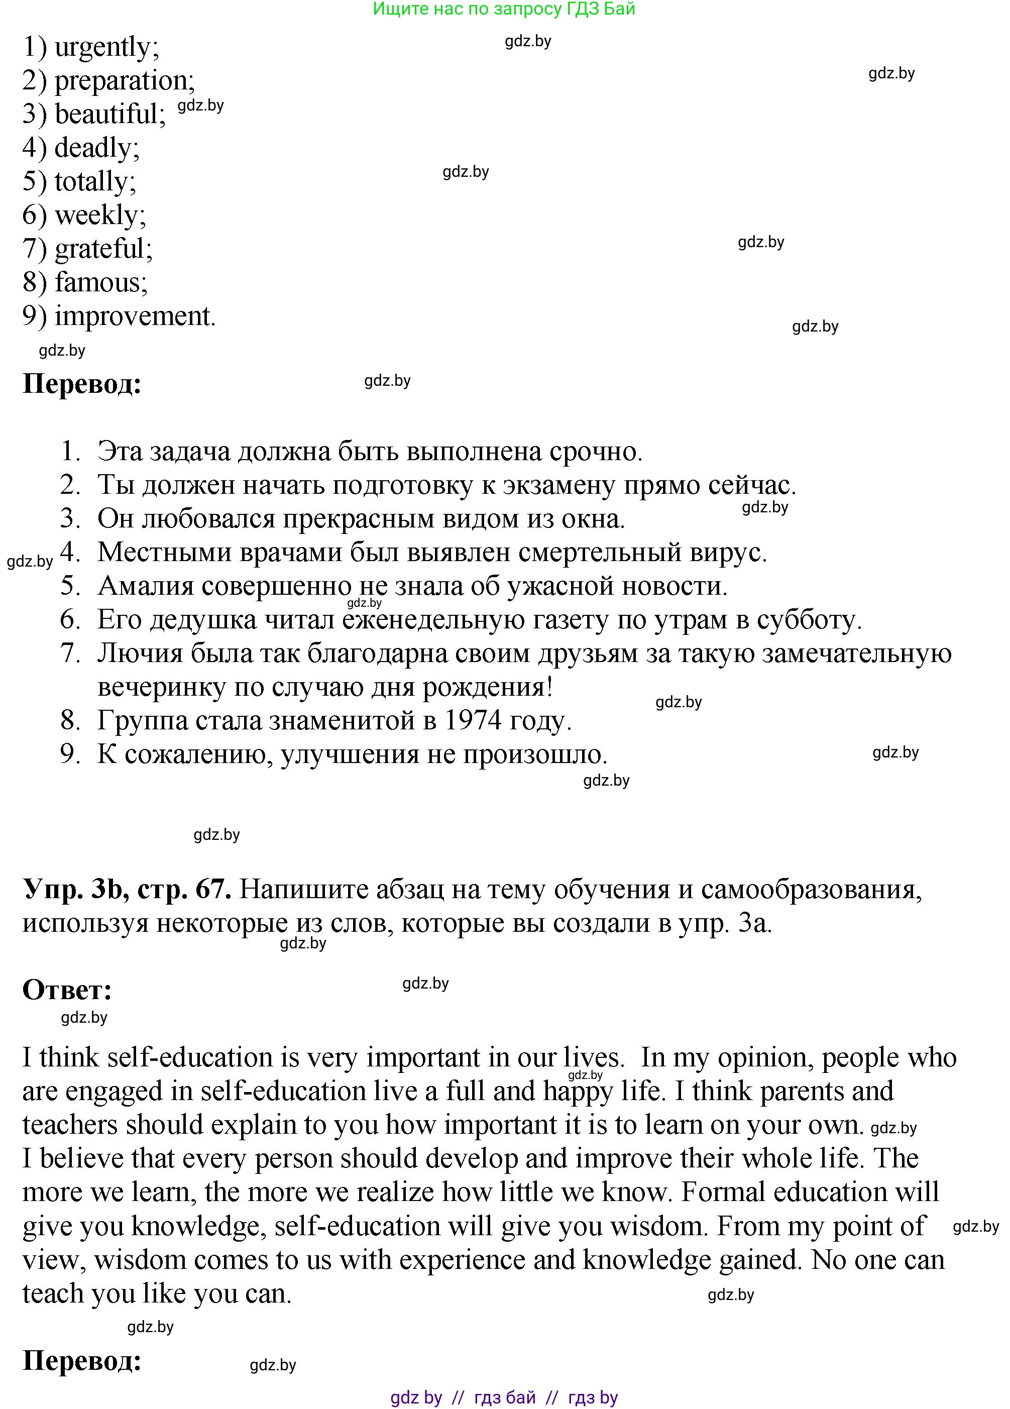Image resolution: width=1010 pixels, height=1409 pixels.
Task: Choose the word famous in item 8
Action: [x=99, y=283]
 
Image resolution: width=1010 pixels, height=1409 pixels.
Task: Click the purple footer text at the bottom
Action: [x=504, y=1398]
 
